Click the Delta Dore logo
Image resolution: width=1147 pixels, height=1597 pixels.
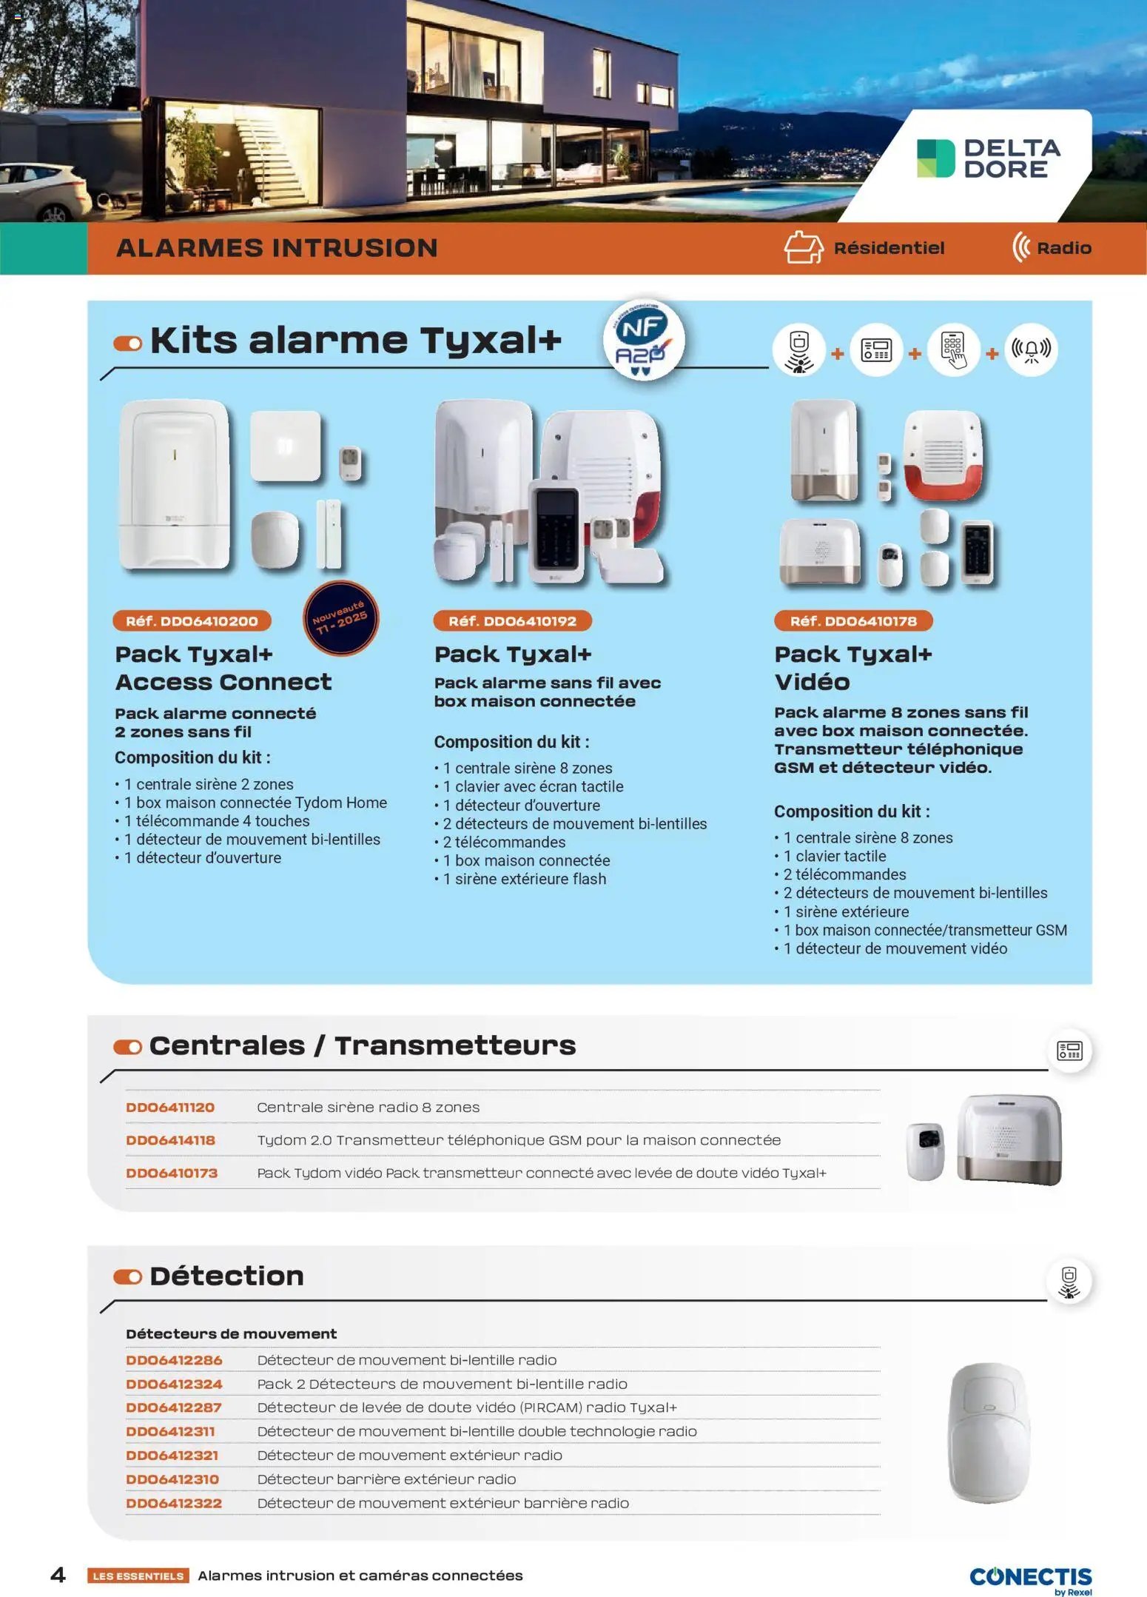[988, 158]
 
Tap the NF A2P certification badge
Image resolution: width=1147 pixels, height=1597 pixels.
[642, 340]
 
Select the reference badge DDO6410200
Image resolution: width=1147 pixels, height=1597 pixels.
[192, 620]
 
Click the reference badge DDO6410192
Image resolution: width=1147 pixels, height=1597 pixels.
[512, 620]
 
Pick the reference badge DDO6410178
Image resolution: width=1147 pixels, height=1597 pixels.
[852, 620]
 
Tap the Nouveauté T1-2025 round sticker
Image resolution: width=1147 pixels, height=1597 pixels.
[340, 618]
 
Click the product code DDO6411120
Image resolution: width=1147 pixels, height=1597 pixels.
[170, 1107]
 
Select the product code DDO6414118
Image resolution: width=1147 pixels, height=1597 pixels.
[170, 1139]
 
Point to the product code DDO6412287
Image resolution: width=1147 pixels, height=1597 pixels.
[173, 1407]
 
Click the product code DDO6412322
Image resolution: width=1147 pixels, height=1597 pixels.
[173, 1502]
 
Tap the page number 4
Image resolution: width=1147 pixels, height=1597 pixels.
[58, 1574]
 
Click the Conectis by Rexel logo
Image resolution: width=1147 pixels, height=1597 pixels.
[1030, 1578]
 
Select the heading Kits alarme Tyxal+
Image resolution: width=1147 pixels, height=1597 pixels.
[355, 341]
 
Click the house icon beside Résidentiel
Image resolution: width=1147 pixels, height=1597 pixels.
[803, 247]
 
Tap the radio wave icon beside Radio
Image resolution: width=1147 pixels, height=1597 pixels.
[1021, 247]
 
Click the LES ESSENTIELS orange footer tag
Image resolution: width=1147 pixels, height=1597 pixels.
[138, 1576]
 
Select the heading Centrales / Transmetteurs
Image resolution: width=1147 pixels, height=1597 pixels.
[362, 1045]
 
